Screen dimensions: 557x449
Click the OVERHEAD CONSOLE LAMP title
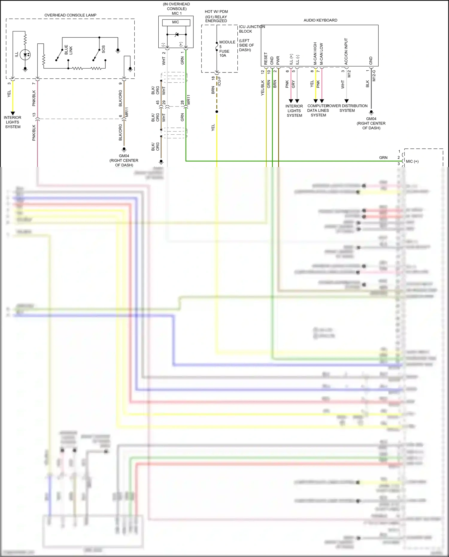70,15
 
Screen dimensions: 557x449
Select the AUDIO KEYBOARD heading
320,20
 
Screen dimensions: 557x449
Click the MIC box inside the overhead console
176,22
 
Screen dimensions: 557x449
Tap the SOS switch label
103,49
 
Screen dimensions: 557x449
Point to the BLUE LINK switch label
68,50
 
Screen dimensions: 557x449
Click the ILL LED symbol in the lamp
25,55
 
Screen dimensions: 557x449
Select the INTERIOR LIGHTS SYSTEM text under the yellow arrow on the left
13,122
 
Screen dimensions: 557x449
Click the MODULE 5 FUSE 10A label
227,49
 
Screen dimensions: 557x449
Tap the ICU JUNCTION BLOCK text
251,29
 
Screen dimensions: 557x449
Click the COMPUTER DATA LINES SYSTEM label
318,110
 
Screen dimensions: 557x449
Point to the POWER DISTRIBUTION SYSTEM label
347,108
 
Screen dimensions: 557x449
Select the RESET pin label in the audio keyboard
266,59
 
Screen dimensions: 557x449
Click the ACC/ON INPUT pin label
346,51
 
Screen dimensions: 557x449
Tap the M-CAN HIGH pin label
315,54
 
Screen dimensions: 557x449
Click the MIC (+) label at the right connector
412,161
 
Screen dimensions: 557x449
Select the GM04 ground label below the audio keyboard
371,119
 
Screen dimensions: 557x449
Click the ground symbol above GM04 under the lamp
124,149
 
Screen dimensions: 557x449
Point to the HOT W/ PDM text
216,12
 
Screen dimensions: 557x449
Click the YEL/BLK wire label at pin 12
263,88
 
